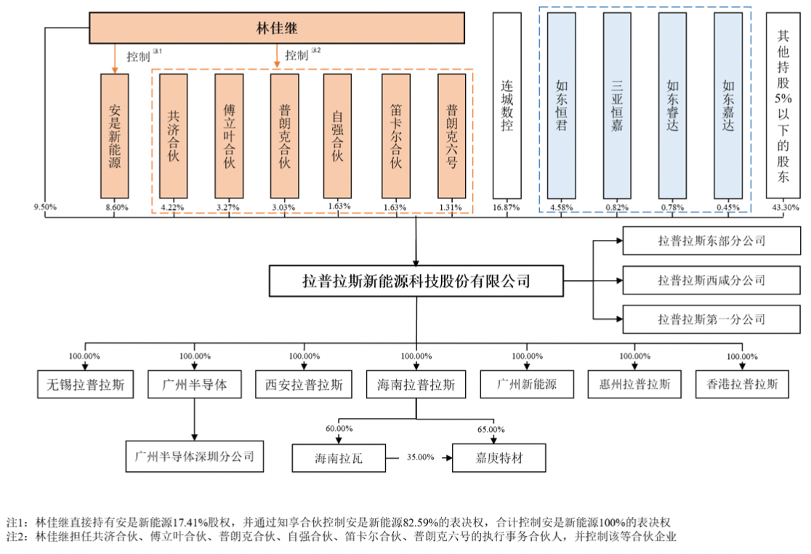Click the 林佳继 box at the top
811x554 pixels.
[277, 28]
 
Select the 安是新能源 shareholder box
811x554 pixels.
[115, 136]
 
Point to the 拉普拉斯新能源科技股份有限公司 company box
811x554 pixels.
[416, 281]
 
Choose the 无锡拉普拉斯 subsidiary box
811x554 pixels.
[86, 385]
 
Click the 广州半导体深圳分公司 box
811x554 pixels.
[194, 457]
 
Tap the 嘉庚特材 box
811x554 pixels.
[498, 458]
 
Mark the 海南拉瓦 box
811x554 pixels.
[338, 458]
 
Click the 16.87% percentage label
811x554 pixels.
[507, 207]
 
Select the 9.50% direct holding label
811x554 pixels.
[45, 207]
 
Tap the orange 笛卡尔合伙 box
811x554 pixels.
[395, 136]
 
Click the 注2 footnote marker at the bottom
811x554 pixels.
[17, 537]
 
